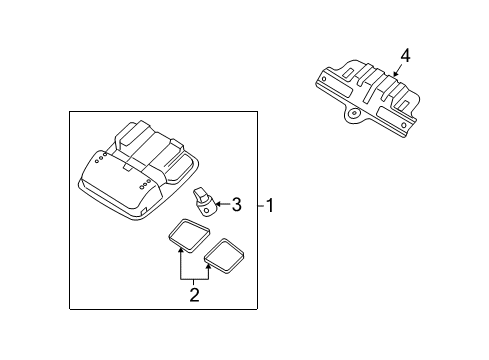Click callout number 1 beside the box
coord(271,206)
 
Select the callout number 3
coord(236,206)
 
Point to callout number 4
coord(405,56)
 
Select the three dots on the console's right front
coord(148,183)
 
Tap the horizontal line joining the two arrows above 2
coord(195,279)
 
